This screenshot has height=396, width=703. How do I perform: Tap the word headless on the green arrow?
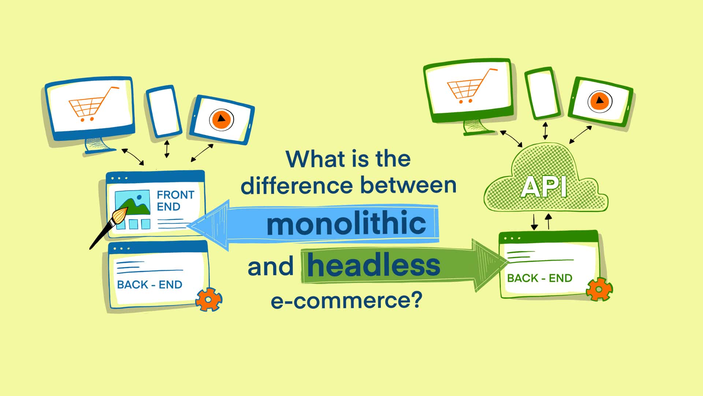(373, 265)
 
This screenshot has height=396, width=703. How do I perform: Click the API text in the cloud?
(544, 187)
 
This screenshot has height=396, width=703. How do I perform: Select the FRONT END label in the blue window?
(175, 200)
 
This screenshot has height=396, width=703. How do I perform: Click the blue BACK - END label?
(149, 285)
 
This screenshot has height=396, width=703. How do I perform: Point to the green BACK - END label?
(539, 278)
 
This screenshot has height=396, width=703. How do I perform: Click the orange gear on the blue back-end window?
(209, 299)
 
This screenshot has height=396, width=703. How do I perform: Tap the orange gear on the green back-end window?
(599, 290)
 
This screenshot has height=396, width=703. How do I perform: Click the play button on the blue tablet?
(221, 119)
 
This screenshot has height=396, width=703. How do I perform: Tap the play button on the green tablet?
(600, 101)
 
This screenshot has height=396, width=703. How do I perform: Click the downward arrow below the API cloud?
(534, 222)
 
